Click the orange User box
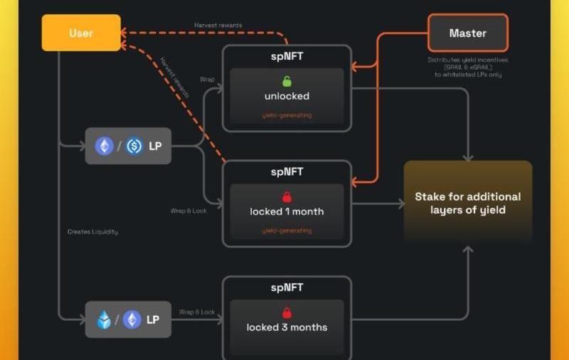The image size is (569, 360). (x=81, y=33)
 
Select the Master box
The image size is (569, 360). (x=467, y=33)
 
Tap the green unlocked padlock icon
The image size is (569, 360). (x=287, y=81)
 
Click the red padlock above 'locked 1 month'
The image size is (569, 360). (x=287, y=197)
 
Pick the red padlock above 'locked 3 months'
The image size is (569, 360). (x=287, y=313)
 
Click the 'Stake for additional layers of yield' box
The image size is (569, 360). (x=467, y=203)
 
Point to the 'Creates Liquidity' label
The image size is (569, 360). (x=92, y=232)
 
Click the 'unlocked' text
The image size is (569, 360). (x=287, y=96)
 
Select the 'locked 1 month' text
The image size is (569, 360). (x=287, y=211)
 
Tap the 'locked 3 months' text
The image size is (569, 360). (x=287, y=327)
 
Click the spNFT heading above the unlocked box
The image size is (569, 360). (x=287, y=55)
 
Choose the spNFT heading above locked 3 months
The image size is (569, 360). (x=287, y=287)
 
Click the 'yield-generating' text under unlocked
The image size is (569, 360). (x=287, y=115)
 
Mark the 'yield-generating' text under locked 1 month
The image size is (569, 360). (x=287, y=231)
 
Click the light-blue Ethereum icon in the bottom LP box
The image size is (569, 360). (x=105, y=319)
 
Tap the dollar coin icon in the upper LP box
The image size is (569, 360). (x=134, y=147)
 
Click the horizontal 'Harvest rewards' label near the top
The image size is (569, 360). (x=218, y=26)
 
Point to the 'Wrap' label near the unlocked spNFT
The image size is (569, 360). (x=207, y=80)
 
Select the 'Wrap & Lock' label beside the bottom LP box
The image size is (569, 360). (x=197, y=312)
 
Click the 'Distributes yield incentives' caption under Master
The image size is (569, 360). (x=467, y=60)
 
